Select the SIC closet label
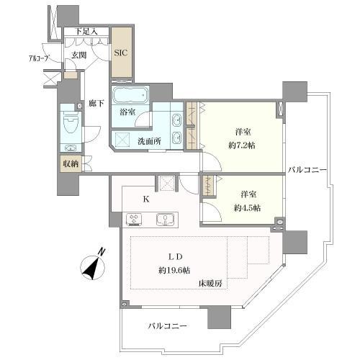(x=122, y=53)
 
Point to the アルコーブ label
(x=39, y=57)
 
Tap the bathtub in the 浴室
(x=130, y=96)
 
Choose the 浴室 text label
(x=127, y=113)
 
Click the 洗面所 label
(x=150, y=140)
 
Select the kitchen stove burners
(x=135, y=218)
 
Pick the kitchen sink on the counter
(x=165, y=218)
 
